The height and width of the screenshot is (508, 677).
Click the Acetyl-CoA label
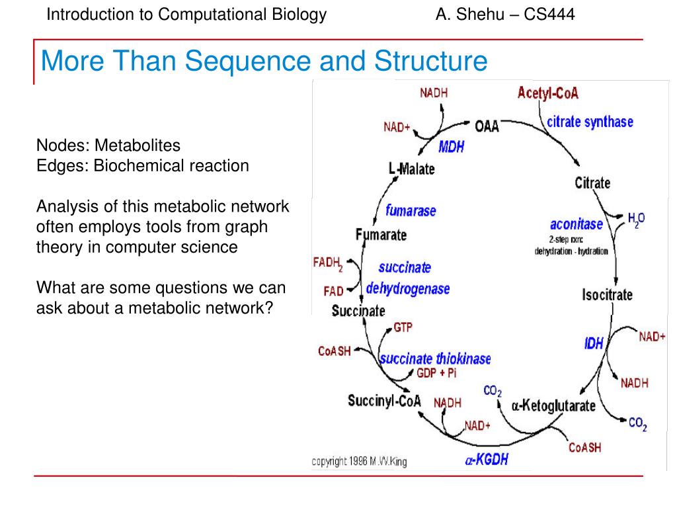(x=547, y=93)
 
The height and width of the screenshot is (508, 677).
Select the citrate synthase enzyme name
(x=590, y=122)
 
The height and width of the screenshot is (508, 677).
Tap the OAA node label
(x=487, y=126)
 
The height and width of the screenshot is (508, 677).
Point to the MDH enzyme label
(x=452, y=147)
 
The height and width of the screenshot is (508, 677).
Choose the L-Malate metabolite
(x=411, y=169)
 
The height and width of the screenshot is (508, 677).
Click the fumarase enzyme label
(x=411, y=212)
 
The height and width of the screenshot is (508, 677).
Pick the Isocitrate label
(x=607, y=295)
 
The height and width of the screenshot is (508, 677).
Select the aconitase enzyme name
(x=576, y=224)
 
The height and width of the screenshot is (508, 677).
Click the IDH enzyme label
(x=594, y=344)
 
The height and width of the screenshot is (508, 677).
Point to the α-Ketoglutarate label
(x=553, y=405)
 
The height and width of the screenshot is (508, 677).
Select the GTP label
(x=403, y=327)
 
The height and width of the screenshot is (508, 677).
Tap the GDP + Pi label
(x=436, y=373)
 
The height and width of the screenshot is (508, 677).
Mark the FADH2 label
(x=327, y=264)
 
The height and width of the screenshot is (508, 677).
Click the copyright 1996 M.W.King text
(x=359, y=462)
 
